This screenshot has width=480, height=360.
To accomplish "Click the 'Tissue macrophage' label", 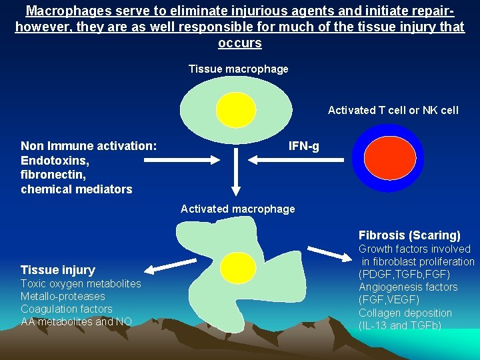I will point(238,69).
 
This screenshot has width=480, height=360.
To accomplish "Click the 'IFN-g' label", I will point(303,146).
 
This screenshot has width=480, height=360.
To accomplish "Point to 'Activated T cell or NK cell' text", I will point(393,111).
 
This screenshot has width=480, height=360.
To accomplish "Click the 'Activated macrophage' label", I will point(237,209).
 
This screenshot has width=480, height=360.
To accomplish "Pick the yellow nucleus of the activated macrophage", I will point(238,267).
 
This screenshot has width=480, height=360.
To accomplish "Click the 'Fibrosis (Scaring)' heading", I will point(409,235).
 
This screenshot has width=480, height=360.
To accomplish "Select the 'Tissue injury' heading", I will point(58,270).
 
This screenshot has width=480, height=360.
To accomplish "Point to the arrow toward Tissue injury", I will point(167,267).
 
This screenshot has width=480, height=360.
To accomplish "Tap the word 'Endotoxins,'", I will point(55,161).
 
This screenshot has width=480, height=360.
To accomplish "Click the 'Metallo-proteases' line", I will point(63,296).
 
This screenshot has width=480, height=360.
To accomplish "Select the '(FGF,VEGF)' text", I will point(389,300).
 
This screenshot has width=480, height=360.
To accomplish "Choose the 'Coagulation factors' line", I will point(66,309).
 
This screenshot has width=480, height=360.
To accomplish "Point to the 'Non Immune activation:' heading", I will point(89,146).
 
